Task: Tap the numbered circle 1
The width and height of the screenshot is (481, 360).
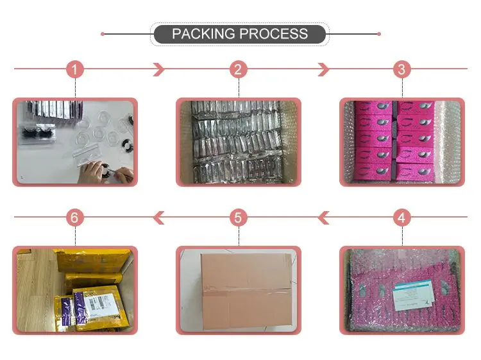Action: (76, 69)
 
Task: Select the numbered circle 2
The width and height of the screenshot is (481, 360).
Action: (239, 69)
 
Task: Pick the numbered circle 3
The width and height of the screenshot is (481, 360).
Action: (401, 69)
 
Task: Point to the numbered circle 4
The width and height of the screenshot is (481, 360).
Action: (401, 218)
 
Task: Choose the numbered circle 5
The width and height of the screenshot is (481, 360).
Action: (239, 218)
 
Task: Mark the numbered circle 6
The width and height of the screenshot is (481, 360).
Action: (76, 218)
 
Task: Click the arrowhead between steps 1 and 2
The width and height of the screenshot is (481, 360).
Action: (158, 69)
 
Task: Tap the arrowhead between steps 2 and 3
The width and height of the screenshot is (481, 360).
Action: (323, 69)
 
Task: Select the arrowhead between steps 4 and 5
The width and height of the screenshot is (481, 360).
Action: (323, 218)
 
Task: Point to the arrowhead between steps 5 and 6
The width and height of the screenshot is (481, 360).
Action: (158, 218)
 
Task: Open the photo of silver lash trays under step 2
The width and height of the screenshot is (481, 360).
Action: (239, 142)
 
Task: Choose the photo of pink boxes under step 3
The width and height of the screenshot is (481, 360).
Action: (401, 142)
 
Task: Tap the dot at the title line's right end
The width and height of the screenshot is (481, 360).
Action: (379, 34)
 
